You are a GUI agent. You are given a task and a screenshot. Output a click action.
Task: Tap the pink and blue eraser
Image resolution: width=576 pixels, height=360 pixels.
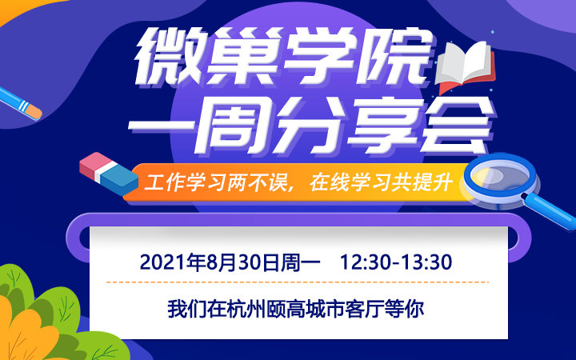coord(109,174)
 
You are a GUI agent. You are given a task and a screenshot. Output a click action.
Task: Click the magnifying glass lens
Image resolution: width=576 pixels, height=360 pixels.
coord(500,177)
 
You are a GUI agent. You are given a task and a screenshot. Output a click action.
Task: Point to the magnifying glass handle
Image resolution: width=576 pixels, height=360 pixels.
coord(551,211)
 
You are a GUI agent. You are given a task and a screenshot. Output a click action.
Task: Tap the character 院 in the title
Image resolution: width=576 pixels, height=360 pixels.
coord(396,56)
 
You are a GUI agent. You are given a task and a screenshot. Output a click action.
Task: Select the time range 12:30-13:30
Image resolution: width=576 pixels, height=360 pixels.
coord(396,262)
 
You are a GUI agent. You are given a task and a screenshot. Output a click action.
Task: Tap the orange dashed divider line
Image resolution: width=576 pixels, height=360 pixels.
coord(298,282)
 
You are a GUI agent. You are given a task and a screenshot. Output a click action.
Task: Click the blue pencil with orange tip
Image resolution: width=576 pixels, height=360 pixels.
coord(20,103)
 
